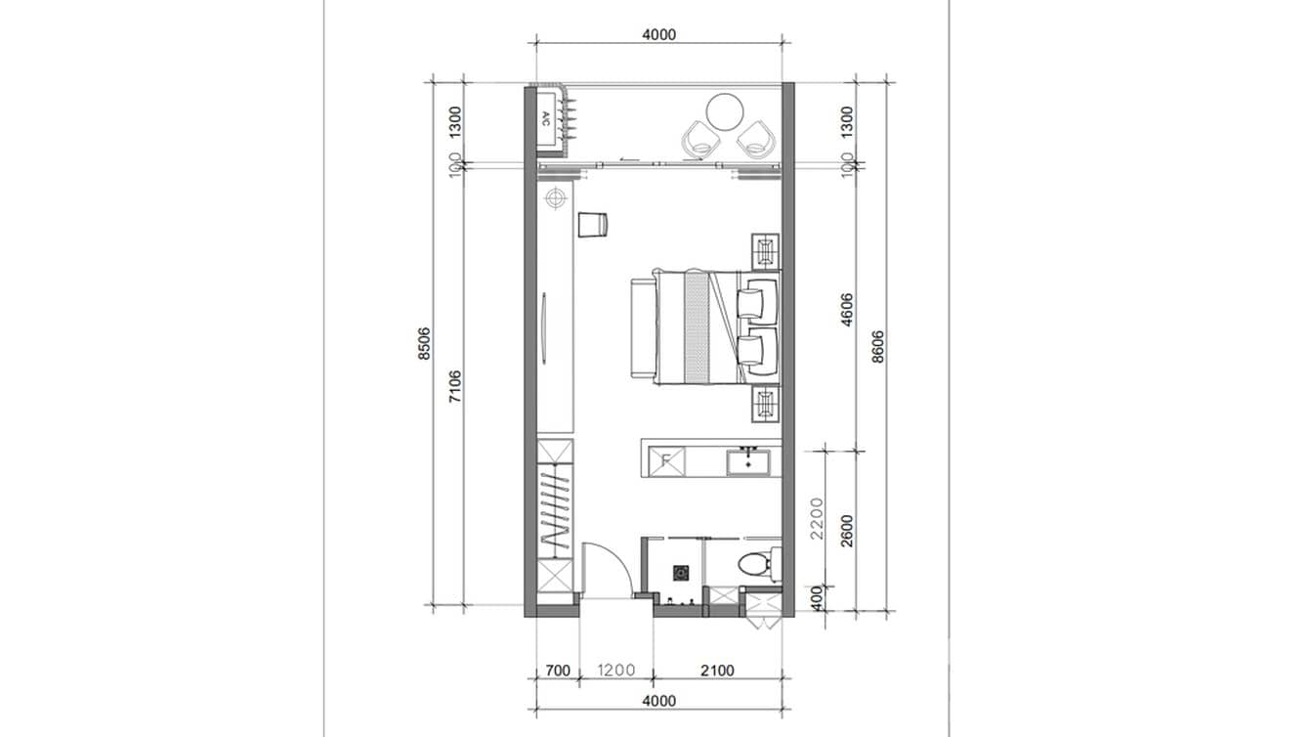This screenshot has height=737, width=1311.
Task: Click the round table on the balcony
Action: point(727,110)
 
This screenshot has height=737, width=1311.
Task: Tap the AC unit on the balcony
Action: point(548,118)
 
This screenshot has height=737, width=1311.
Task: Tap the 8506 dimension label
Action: point(424,344)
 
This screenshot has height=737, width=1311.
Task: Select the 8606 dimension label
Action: point(877,344)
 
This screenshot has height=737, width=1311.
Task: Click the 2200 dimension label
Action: point(818,518)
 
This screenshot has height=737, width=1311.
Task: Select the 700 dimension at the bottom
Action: point(557,671)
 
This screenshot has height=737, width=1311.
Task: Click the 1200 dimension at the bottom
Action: point(615,671)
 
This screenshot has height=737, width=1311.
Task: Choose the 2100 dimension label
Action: point(716,671)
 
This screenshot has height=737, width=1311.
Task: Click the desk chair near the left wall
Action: point(592,225)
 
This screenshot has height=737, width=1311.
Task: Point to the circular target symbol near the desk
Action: point(556,199)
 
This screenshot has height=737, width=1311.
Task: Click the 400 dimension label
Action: point(818,595)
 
